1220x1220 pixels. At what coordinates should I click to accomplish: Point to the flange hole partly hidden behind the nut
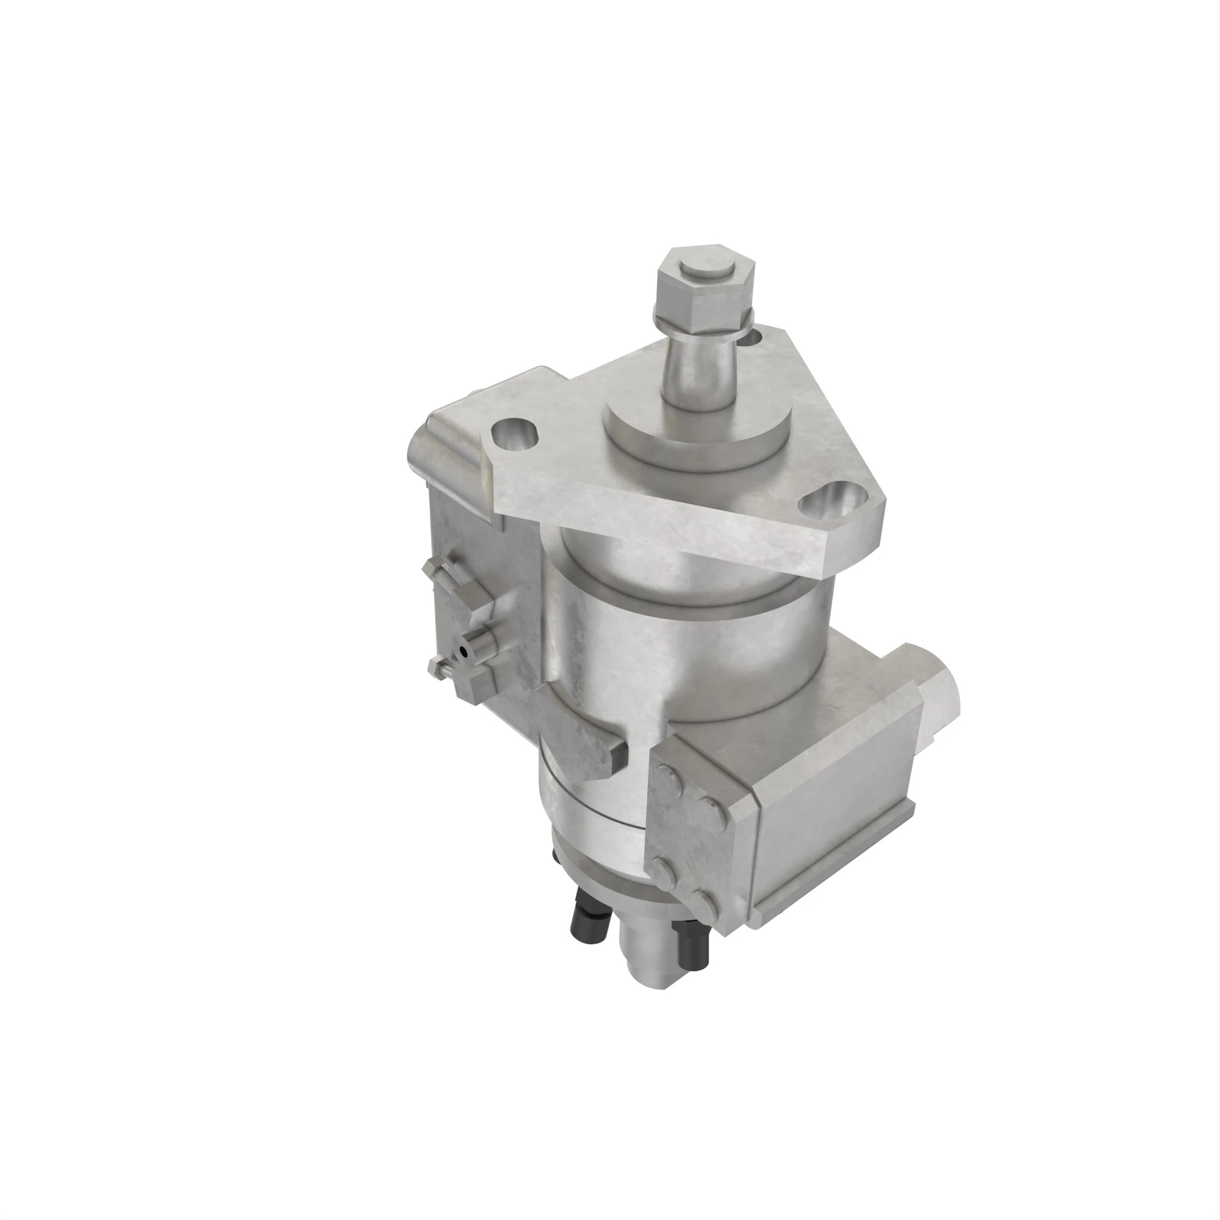click(x=755, y=338)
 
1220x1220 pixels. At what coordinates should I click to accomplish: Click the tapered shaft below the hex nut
click(x=698, y=366)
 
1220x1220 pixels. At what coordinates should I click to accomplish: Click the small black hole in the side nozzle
click(x=465, y=651)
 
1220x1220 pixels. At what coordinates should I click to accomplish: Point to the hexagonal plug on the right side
click(x=941, y=701)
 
